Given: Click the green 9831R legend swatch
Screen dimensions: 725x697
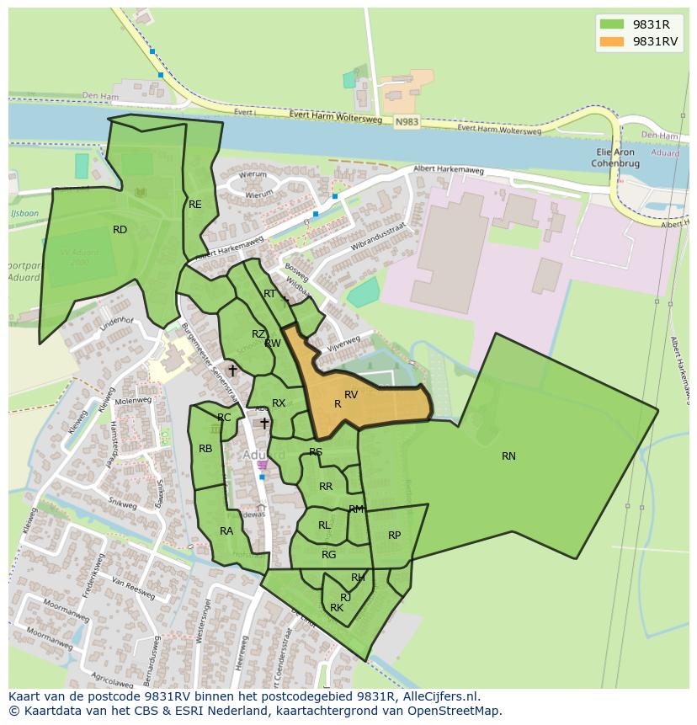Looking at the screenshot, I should [612, 24].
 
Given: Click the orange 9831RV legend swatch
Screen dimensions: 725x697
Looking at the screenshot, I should [612, 41].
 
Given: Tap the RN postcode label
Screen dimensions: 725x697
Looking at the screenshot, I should [508, 456].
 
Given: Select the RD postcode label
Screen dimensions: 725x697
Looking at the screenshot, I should [120, 230].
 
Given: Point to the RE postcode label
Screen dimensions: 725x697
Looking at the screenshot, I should [195, 205].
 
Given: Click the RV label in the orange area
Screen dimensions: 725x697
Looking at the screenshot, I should [351, 394].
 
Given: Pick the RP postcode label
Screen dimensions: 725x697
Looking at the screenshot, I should [394, 536].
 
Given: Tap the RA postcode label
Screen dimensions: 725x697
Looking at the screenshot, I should [226, 531].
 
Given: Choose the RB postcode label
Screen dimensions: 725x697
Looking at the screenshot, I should [205, 449].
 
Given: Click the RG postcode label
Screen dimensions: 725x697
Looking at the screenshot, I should [328, 555].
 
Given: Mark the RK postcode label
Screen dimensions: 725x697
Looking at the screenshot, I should [337, 608].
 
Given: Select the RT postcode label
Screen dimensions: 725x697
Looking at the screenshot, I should [269, 294].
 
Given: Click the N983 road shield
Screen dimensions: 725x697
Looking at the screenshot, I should [406, 122].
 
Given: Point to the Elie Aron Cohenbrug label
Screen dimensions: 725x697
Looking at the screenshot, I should [614, 157].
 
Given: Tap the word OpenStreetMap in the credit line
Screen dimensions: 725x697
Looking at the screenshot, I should [455, 712].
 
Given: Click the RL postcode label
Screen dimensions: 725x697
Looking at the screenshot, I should [324, 525].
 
